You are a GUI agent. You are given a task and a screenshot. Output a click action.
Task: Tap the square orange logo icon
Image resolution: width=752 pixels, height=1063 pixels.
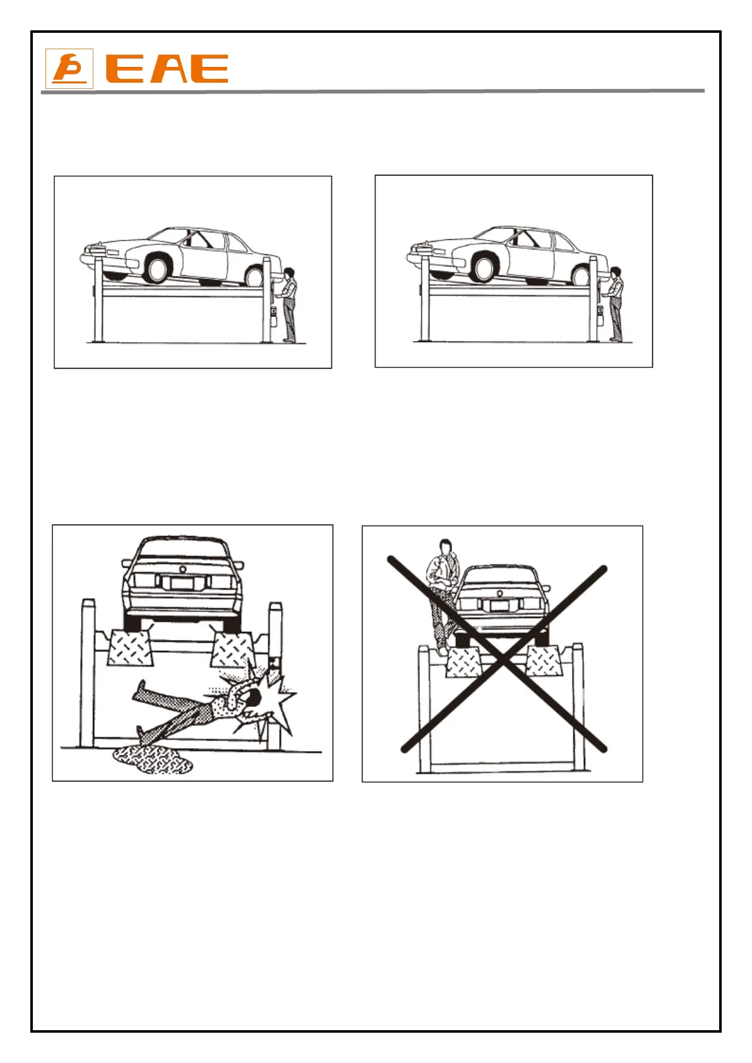(x=69, y=69)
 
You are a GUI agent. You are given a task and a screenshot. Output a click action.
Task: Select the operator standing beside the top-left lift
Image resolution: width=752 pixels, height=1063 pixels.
(x=289, y=303)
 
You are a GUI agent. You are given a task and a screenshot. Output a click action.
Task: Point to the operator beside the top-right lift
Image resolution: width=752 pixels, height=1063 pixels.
(x=615, y=303)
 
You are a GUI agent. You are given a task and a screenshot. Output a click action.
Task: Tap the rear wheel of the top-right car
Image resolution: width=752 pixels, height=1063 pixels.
(x=582, y=276)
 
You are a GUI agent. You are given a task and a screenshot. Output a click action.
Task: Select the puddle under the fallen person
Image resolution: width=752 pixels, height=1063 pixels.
(x=152, y=760)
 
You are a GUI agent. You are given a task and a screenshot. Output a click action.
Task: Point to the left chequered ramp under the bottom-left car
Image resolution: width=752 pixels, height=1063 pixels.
(x=131, y=648)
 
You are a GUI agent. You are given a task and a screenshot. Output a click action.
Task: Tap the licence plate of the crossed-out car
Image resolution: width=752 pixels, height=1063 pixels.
(x=500, y=607)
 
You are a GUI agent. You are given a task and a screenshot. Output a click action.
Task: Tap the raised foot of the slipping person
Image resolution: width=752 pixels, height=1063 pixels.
(x=142, y=685)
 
